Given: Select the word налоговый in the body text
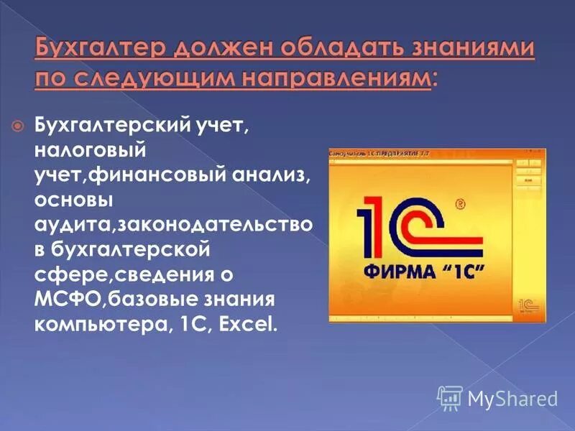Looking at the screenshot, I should pyautogui.click(x=91, y=152).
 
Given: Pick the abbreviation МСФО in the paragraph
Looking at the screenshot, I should pyautogui.click(x=61, y=298).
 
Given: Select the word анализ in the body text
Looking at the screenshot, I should pyautogui.click(x=274, y=176).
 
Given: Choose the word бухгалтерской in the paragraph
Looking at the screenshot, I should pyautogui.click(x=131, y=249).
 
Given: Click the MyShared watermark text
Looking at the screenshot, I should pyautogui.click(x=512, y=397).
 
